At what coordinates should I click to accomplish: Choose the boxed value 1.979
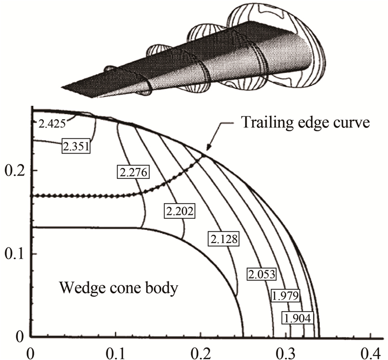pos(285,296)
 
